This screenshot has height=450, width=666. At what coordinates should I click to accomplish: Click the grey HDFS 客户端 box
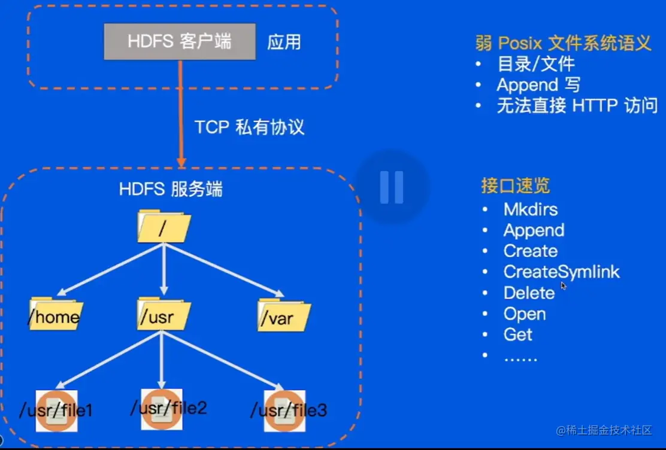(x=180, y=41)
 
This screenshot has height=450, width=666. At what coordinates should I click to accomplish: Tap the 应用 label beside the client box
(x=284, y=42)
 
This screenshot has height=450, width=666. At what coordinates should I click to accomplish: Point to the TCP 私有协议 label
(x=249, y=127)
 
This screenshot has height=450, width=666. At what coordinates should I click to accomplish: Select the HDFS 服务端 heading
(x=171, y=190)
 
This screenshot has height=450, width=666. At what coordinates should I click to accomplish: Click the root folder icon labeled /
(x=164, y=227)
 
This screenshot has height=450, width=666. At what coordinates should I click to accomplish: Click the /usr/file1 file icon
(x=56, y=411)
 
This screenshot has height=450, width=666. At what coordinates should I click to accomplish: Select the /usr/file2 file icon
(x=162, y=409)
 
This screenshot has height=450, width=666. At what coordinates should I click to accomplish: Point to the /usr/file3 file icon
(x=285, y=411)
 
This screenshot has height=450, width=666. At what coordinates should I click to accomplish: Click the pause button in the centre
(x=392, y=187)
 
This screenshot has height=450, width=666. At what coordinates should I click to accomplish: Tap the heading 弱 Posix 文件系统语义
(x=562, y=43)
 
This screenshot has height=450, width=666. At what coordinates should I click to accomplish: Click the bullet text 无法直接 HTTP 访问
(x=577, y=106)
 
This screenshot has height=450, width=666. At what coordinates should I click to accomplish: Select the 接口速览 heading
(x=515, y=186)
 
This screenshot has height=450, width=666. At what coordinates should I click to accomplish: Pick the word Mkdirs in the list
(x=531, y=209)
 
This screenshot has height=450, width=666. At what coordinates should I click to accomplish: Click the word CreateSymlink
(x=561, y=272)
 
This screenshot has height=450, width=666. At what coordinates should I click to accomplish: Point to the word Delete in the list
(x=529, y=293)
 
